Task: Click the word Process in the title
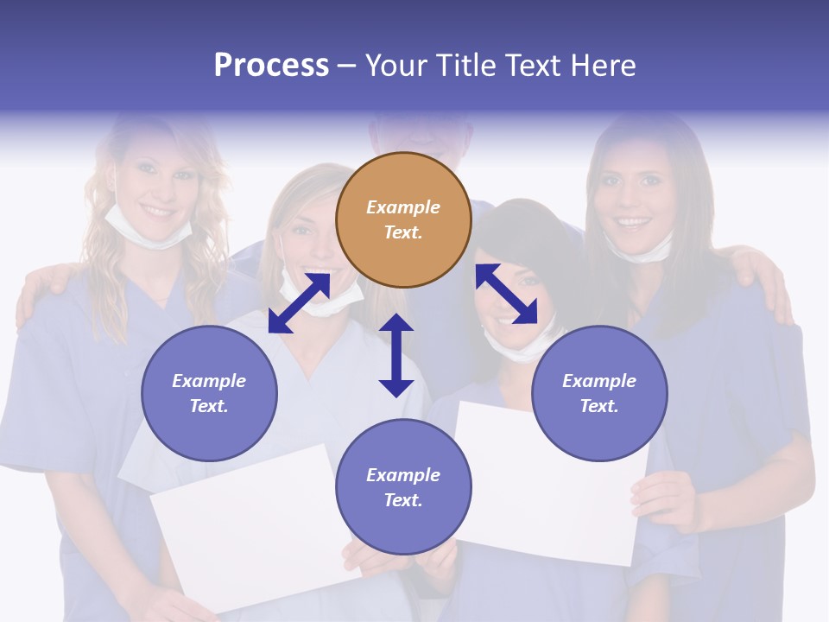pyautogui.click(x=271, y=66)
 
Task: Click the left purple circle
pyautogui.click(x=209, y=393)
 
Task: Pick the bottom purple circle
pyautogui.click(x=403, y=487)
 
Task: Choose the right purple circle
pyautogui.click(x=599, y=393)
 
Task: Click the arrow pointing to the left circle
pyautogui.click(x=299, y=302)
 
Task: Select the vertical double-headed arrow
pyautogui.click(x=396, y=355)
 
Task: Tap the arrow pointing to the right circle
pyautogui.click(x=506, y=294)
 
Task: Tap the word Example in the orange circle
pyautogui.click(x=403, y=207)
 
